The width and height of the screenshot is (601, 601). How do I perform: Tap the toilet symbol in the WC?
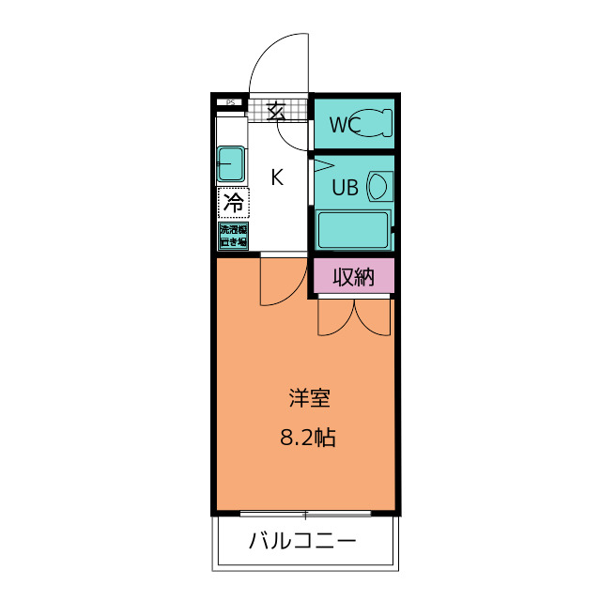376,123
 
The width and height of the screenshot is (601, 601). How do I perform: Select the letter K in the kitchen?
278,177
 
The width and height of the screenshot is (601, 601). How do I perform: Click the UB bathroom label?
344,188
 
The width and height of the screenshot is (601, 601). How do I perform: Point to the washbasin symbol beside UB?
378,186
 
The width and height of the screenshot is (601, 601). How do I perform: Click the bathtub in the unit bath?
352,229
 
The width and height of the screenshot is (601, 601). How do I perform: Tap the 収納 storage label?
353,276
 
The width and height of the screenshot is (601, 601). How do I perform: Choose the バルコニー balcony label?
302,542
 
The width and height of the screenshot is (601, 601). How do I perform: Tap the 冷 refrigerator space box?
232,202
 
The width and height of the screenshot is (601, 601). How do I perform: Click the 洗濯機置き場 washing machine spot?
233,236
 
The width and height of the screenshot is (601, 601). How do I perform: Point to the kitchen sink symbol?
231,164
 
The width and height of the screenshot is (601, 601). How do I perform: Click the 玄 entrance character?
275,111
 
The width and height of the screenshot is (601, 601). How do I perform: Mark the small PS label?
228,101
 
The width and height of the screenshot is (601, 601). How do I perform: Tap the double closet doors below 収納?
354,316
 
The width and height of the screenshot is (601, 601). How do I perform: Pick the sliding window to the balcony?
305,514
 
